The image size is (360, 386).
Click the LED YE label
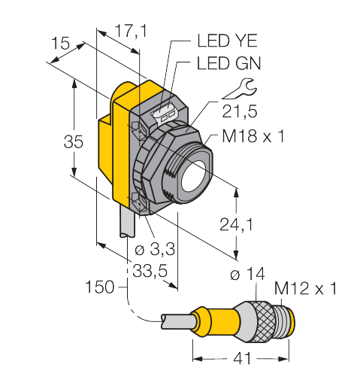[x=227, y=41]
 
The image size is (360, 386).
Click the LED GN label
[x=229, y=63]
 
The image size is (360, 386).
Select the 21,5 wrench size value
[x=240, y=111]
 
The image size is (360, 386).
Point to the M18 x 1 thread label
[x=253, y=136]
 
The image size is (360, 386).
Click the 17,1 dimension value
[x=131, y=32]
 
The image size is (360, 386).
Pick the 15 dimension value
[x=61, y=43]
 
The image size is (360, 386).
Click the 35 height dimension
[x=73, y=141]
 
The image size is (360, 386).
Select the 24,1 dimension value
[x=236, y=224]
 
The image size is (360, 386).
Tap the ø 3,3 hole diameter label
[x=155, y=249]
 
